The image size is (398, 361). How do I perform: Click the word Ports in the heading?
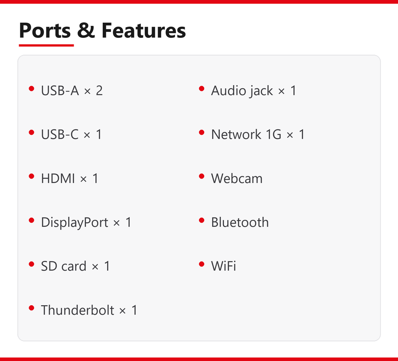(x=45, y=31)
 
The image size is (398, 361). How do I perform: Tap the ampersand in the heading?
(x=86, y=30)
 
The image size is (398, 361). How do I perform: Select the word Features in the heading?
(x=144, y=30)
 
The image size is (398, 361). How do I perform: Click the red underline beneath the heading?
(x=46, y=45)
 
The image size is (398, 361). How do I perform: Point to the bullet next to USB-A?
(x=31, y=89)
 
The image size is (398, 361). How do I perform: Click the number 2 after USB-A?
(x=99, y=91)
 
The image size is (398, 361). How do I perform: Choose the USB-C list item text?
(x=71, y=134)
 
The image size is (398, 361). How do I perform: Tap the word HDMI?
(x=58, y=179)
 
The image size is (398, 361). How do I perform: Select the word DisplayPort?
(x=75, y=223)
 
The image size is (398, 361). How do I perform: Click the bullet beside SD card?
(x=31, y=264)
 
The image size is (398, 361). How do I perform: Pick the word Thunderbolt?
(x=78, y=310)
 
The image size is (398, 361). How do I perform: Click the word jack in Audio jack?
(x=261, y=91)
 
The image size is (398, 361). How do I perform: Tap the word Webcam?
(x=237, y=179)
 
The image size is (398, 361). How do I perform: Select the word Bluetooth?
(x=240, y=222)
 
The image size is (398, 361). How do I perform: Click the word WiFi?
(x=223, y=266)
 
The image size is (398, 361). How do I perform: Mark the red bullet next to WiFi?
(x=202, y=264)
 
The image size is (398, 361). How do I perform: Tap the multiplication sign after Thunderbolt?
(x=123, y=311)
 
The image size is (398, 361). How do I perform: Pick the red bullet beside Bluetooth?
(x=202, y=220)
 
